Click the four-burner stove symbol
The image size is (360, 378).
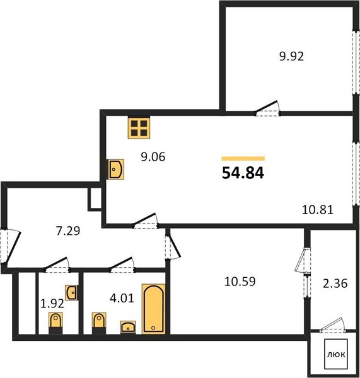(x=139, y=128)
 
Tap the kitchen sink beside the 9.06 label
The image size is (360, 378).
(x=116, y=169)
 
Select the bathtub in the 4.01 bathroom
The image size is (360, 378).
(x=154, y=309)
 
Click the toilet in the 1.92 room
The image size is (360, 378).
(x=55, y=323)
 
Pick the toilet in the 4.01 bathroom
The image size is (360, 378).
(x=99, y=323)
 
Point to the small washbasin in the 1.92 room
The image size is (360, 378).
(x=71, y=292)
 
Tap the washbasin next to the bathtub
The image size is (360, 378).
(x=128, y=327)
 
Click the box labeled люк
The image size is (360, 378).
(x=336, y=354)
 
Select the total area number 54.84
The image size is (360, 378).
(x=243, y=173)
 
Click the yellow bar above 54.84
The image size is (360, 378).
(x=243, y=158)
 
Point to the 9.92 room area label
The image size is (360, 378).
(x=291, y=57)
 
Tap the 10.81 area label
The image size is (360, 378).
(x=318, y=210)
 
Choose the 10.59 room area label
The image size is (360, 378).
(x=240, y=282)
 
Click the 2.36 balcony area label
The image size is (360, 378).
(x=335, y=283)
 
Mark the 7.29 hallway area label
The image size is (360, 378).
(x=68, y=231)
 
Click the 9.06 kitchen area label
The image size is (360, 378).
(x=153, y=157)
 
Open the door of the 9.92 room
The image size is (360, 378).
(x=267, y=108)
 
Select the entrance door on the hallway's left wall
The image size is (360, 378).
(x=11, y=246)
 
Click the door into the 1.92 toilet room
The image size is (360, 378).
(x=57, y=265)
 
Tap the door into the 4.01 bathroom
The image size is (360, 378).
(x=122, y=265)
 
